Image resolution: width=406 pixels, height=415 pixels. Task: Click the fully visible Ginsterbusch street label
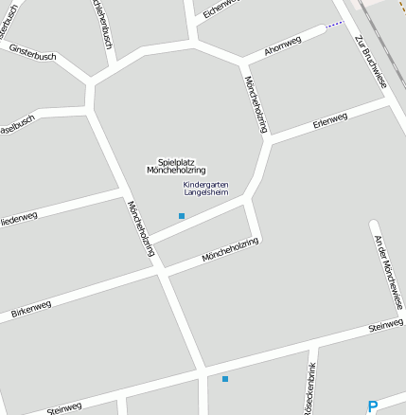click(x=32, y=51)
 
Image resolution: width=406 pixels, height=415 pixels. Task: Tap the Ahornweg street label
click(x=283, y=45)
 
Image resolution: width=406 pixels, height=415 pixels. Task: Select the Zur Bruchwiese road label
click(x=371, y=62)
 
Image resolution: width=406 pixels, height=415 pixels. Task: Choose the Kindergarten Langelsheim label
click(x=205, y=189)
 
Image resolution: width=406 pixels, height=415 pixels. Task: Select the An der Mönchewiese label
click(x=389, y=271)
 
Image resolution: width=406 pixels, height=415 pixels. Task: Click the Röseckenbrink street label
click(x=309, y=396)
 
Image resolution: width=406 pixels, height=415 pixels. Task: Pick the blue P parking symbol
click(x=372, y=406)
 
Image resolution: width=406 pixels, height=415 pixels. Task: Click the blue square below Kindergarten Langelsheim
click(x=182, y=216)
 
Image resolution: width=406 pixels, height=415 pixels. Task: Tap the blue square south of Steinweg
click(x=225, y=379)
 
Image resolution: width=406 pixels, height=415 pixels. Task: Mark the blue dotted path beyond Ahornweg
click(x=333, y=26)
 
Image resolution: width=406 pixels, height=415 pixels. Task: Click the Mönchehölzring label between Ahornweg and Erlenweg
click(x=256, y=104)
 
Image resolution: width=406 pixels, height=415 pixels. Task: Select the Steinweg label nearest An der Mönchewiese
click(x=385, y=327)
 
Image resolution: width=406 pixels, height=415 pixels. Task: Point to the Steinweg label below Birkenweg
click(x=64, y=406)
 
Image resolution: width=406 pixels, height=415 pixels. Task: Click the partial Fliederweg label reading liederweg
click(x=19, y=218)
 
